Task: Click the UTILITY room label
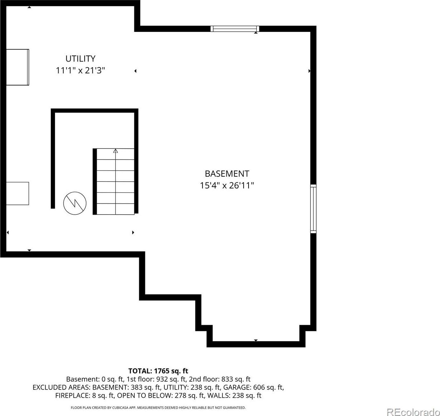point(80,59)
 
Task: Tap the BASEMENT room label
point(227,173)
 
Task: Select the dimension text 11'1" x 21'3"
point(80,70)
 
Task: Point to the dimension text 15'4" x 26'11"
point(227,185)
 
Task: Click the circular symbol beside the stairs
point(75,203)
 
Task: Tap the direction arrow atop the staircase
point(115,151)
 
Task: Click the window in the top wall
point(235,29)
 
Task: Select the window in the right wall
point(313,209)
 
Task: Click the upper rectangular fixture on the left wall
point(17,67)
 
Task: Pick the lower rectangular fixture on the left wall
point(17,194)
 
